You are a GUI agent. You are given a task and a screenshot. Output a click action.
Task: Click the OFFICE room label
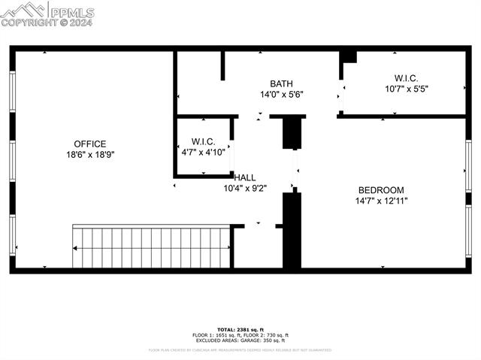89,144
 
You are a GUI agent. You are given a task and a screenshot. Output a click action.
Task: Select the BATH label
282,83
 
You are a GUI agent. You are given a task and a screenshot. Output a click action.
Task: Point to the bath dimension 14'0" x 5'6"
282,95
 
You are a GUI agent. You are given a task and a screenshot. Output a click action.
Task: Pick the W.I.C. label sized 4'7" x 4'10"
203,141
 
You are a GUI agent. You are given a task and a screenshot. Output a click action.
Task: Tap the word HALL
245,177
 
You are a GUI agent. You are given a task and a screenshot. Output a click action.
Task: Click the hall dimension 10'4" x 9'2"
245,188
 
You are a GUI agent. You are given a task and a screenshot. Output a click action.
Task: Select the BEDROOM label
381,190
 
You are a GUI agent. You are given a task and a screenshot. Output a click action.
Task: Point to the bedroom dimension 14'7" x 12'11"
381,201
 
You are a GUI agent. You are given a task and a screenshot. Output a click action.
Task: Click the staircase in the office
151,247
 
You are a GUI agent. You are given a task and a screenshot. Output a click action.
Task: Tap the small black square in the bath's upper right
349,57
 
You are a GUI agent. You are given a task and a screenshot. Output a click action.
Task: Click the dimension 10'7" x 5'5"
406,88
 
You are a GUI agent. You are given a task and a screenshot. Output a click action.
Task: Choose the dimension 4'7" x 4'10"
203,152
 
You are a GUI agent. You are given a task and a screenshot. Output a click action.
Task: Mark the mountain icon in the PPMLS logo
24,10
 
